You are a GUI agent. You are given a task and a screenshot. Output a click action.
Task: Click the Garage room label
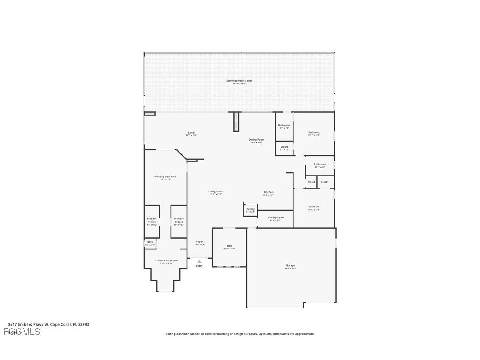pyautogui.click(x=290, y=266)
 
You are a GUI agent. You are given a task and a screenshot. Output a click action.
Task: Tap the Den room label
pyautogui.click(x=229, y=246)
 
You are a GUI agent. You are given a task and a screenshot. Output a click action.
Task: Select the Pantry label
pyautogui.click(x=251, y=209)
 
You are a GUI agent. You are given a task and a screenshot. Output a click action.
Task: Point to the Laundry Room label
pyautogui.click(x=275, y=218)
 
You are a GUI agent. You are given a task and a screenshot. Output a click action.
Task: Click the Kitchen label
pyautogui.click(x=269, y=192)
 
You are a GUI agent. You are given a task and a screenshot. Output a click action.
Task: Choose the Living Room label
pyautogui.click(x=216, y=191)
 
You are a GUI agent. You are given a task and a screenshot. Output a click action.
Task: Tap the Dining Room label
pyautogui.click(x=256, y=140)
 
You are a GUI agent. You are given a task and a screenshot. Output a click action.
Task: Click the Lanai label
pyautogui.click(x=191, y=133)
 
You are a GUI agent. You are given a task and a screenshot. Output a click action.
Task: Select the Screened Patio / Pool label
pyautogui.click(x=239, y=81)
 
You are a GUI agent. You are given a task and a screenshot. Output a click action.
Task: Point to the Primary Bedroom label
pyautogui.click(x=165, y=177)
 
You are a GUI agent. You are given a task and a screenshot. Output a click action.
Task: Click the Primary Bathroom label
pyautogui.click(x=166, y=261)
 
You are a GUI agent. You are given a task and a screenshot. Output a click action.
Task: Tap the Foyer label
pyautogui.click(x=200, y=242)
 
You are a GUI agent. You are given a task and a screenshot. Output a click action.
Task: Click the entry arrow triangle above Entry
pyautogui.click(x=199, y=261)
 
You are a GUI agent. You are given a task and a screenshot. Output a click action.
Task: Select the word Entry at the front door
pyautogui.click(x=199, y=266)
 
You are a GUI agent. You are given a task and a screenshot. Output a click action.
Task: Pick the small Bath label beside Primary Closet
pyautogui.click(x=150, y=242)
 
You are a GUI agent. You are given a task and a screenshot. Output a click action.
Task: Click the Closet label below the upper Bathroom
pyautogui.click(x=284, y=147)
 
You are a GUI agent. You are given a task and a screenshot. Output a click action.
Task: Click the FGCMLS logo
pyautogui.click(x=22, y=332)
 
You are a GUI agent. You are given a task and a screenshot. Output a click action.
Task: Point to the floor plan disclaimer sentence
pyautogui.click(x=240, y=334)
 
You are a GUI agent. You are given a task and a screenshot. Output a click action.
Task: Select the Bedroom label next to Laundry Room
pyautogui.click(x=313, y=207)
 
